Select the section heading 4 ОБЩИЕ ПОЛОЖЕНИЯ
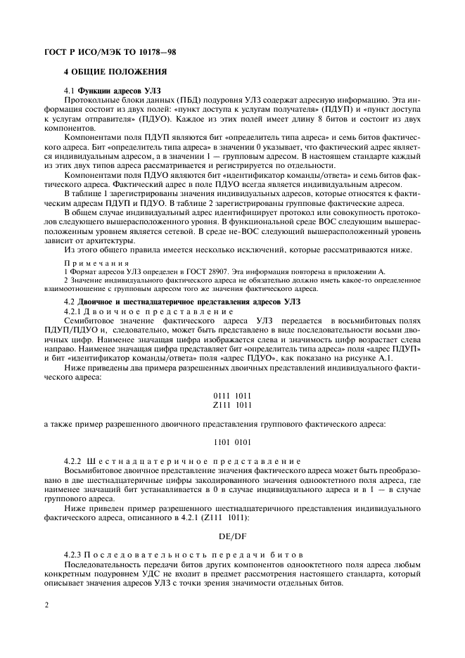point(115,72)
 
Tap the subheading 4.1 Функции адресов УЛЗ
point(113,91)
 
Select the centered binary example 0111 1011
point(231,396)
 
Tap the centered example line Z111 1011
point(231,405)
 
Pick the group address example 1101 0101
point(231,442)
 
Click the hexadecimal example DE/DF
point(231,536)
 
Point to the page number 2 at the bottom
point(46,604)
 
